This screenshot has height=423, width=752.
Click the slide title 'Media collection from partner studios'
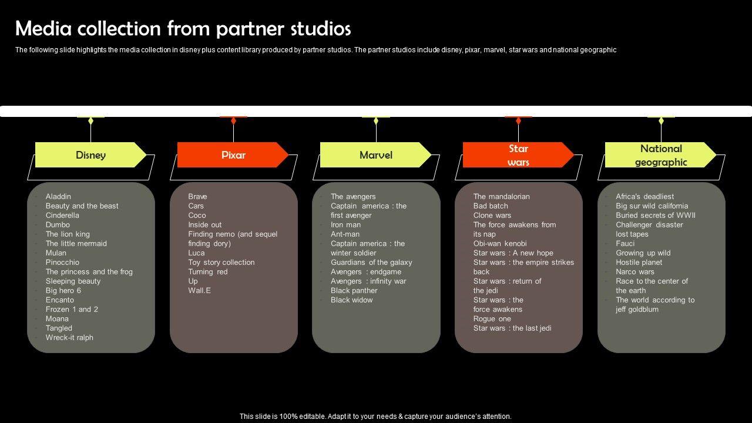coord(183,28)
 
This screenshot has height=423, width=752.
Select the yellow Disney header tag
coord(90,155)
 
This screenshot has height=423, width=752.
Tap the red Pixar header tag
coord(233,155)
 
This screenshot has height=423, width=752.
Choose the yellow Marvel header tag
coord(375,155)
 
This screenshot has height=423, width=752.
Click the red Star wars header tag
coord(518,155)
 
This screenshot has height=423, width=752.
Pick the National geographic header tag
coord(660,155)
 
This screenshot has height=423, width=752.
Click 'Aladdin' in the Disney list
coord(58,197)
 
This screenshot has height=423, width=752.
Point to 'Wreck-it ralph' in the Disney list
coord(69,338)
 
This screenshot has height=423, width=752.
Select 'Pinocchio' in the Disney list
coord(62,263)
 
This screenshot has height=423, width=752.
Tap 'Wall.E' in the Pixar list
coord(199,291)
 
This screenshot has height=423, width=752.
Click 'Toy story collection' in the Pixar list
coord(221,263)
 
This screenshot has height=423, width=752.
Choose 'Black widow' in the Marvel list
coord(351,300)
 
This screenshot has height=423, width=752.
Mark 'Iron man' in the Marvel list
coord(345,225)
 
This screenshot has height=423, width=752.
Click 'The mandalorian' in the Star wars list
coord(501,197)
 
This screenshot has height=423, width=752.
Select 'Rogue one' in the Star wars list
coord(492,319)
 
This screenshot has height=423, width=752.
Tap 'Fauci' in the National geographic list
coord(625,244)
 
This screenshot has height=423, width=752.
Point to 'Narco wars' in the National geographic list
coord(635,272)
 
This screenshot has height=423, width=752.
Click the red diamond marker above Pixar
coord(233,121)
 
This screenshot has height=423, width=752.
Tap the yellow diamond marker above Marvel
coord(376,121)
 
